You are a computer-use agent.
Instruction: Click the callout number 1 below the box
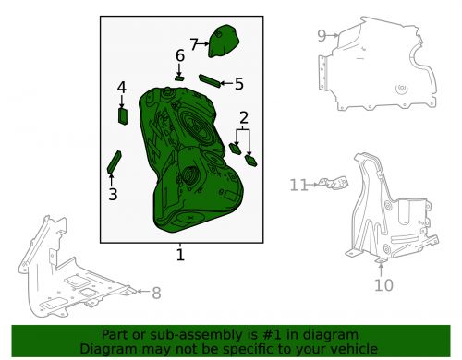point(180,255)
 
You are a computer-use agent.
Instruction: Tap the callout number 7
point(194,44)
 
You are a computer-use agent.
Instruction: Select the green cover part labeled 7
point(224,41)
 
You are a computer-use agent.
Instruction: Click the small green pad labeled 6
point(179,78)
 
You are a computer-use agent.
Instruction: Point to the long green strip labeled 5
point(210,81)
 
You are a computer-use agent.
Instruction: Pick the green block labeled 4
point(123,116)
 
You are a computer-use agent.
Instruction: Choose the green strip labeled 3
point(115,162)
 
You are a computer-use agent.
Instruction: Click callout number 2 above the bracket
point(243,117)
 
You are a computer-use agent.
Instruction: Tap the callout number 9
point(322,36)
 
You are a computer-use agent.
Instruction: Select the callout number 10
point(383,285)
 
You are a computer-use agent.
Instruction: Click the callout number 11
point(298,185)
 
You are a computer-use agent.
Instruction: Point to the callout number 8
point(156,293)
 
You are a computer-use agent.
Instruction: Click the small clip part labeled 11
point(334,183)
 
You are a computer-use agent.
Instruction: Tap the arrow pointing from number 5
point(226,83)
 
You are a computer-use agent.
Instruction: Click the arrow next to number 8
point(143,291)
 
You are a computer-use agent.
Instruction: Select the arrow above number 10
point(381,269)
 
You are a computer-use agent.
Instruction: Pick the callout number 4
point(122,88)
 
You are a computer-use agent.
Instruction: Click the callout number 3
point(113,195)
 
